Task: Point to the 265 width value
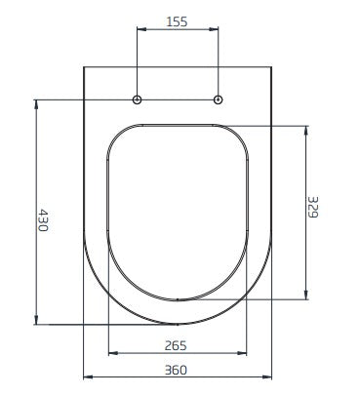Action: click(176, 344)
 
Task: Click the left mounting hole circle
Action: click(138, 99)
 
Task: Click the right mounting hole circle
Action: click(218, 99)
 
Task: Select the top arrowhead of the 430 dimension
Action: click(36, 101)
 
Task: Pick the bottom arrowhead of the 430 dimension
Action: click(36, 322)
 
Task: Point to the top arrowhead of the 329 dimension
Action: click(308, 127)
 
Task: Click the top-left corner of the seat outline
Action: click(85, 67)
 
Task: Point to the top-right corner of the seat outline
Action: click(270, 67)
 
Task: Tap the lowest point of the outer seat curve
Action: click(178, 325)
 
